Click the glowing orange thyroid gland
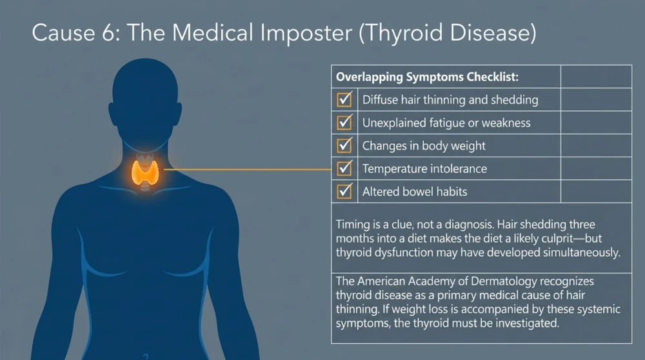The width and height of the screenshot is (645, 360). (x=144, y=172)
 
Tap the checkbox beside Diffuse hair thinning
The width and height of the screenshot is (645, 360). (x=344, y=99)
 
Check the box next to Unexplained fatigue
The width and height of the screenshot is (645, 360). (x=344, y=123)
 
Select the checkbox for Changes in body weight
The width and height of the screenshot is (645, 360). (x=344, y=146)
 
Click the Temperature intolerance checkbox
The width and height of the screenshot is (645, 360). (x=344, y=168)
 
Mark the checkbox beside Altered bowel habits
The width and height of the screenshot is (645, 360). (x=344, y=192)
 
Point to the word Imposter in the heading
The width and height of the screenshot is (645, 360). (x=306, y=33)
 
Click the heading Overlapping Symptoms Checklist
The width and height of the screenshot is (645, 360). (x=427, y=77)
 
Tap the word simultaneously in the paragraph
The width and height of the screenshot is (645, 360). (x=582, y=253)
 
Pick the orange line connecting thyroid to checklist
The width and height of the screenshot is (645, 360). (x=248, y=169)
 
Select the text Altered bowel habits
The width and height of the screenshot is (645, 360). (x=415, y=192)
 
